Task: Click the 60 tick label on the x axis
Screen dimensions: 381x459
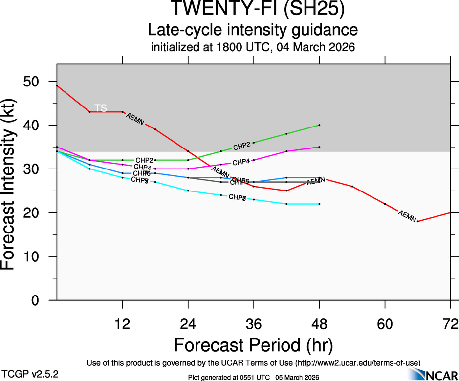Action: pyautogui.click(x=385, y=323)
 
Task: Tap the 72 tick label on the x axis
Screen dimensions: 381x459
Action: pyautogui.click(x=450, y=323)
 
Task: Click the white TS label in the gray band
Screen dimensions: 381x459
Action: pyautogui.click(x=100, y=108)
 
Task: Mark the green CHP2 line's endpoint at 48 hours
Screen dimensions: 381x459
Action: pyautogui.click(x=319, y=125)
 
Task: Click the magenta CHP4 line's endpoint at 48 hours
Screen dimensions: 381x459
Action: pyautogui.click(x=319, y=147)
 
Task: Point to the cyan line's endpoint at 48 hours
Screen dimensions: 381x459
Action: pyautogui.click(x=319, y=204)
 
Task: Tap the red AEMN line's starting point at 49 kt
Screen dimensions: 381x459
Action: pyautogui.click(x=57, y=86)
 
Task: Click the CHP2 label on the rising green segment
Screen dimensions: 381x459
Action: pyautogui.click(x=241, y=146)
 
